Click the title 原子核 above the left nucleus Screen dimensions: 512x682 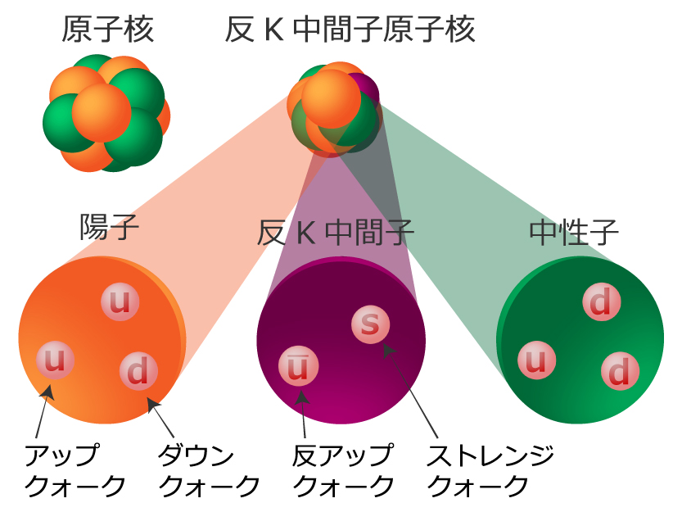point(107,32)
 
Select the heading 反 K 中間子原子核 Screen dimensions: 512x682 point(350,31)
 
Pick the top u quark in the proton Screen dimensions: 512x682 point(120,302)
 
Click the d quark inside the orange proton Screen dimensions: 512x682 point(138,371)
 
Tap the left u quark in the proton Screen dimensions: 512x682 point(55,360)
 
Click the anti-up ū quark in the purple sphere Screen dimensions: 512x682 point(299,365)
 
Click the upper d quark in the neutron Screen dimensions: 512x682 point(601,304)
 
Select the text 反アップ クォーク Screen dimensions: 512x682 point(343,470)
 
